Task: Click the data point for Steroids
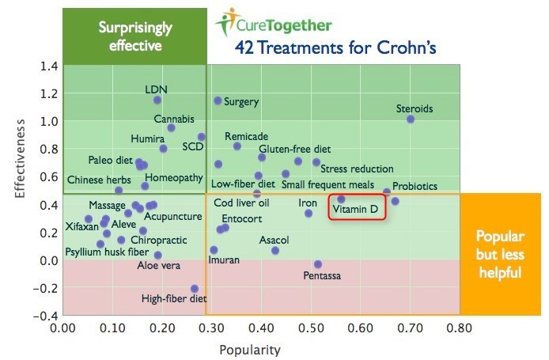411,119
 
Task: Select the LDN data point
157,100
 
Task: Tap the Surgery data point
218,100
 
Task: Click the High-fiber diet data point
195,289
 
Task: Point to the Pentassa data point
318,264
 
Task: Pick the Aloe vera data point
158,255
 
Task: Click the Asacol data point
275,251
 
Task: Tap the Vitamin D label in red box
357,210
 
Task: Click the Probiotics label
415,186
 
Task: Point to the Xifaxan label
81,227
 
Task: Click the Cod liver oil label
241,203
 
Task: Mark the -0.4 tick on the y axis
45,316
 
